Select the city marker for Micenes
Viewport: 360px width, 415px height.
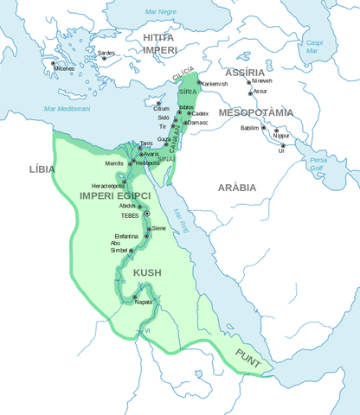[x=55, y=64]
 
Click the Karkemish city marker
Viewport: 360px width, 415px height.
[x=198, y=83]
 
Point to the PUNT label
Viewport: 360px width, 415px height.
[x=247, y=354]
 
